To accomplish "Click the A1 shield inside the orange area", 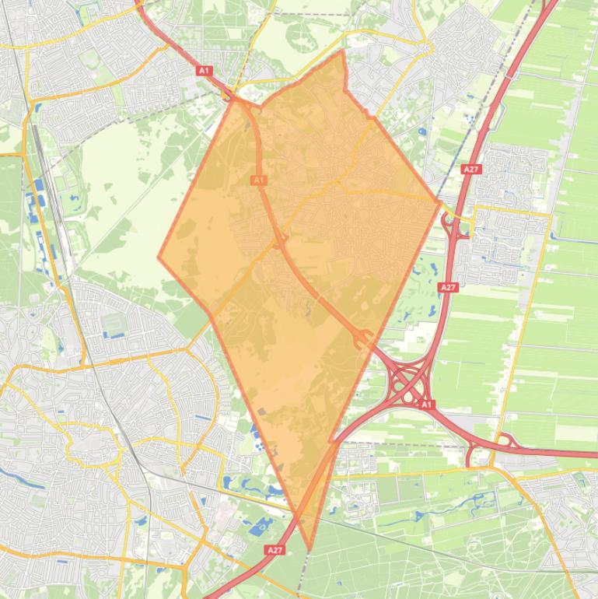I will pyautogui.click(x=258, y=180).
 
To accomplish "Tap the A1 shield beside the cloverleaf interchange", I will pyautogui.click(x=425, y=405).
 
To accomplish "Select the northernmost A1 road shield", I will pyautogui.click(x=204, y=71).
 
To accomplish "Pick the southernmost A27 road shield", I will pyautogui.click(x=274, y=550).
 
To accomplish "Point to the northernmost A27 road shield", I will pyautogui.click(x=470, y=169).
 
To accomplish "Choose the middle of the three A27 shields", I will pyautogui.click(x=448, y=287).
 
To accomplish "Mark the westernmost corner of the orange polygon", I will pyautogui.click(x=159, y=257).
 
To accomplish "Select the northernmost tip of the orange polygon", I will pyautogui.click(x=342, y=51).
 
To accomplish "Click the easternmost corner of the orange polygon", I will pyautogui.click(x=441, y=201).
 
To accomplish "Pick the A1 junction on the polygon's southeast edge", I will pyautogui.click(x=363, y=339).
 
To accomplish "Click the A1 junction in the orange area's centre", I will pyautogui.click(x=279, y=240).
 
